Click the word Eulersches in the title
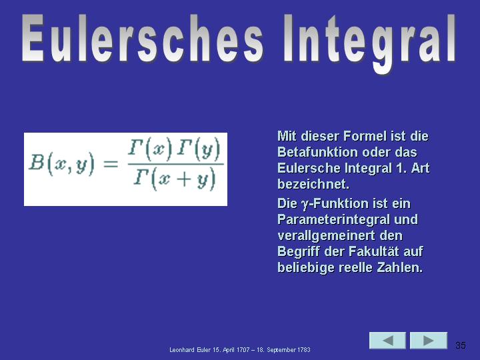(x=143, y=39)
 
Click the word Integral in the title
(x=370, y=43)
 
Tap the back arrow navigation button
(x=387, y=341)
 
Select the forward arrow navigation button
(x=429, y=341)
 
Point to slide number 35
(x=461, y=345)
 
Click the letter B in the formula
(x=37, y=162)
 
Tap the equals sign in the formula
(x=111, y=164)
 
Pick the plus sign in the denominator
(x=184, y=179)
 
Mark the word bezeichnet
(x=313, y=184)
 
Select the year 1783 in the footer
(x=304, y=349)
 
